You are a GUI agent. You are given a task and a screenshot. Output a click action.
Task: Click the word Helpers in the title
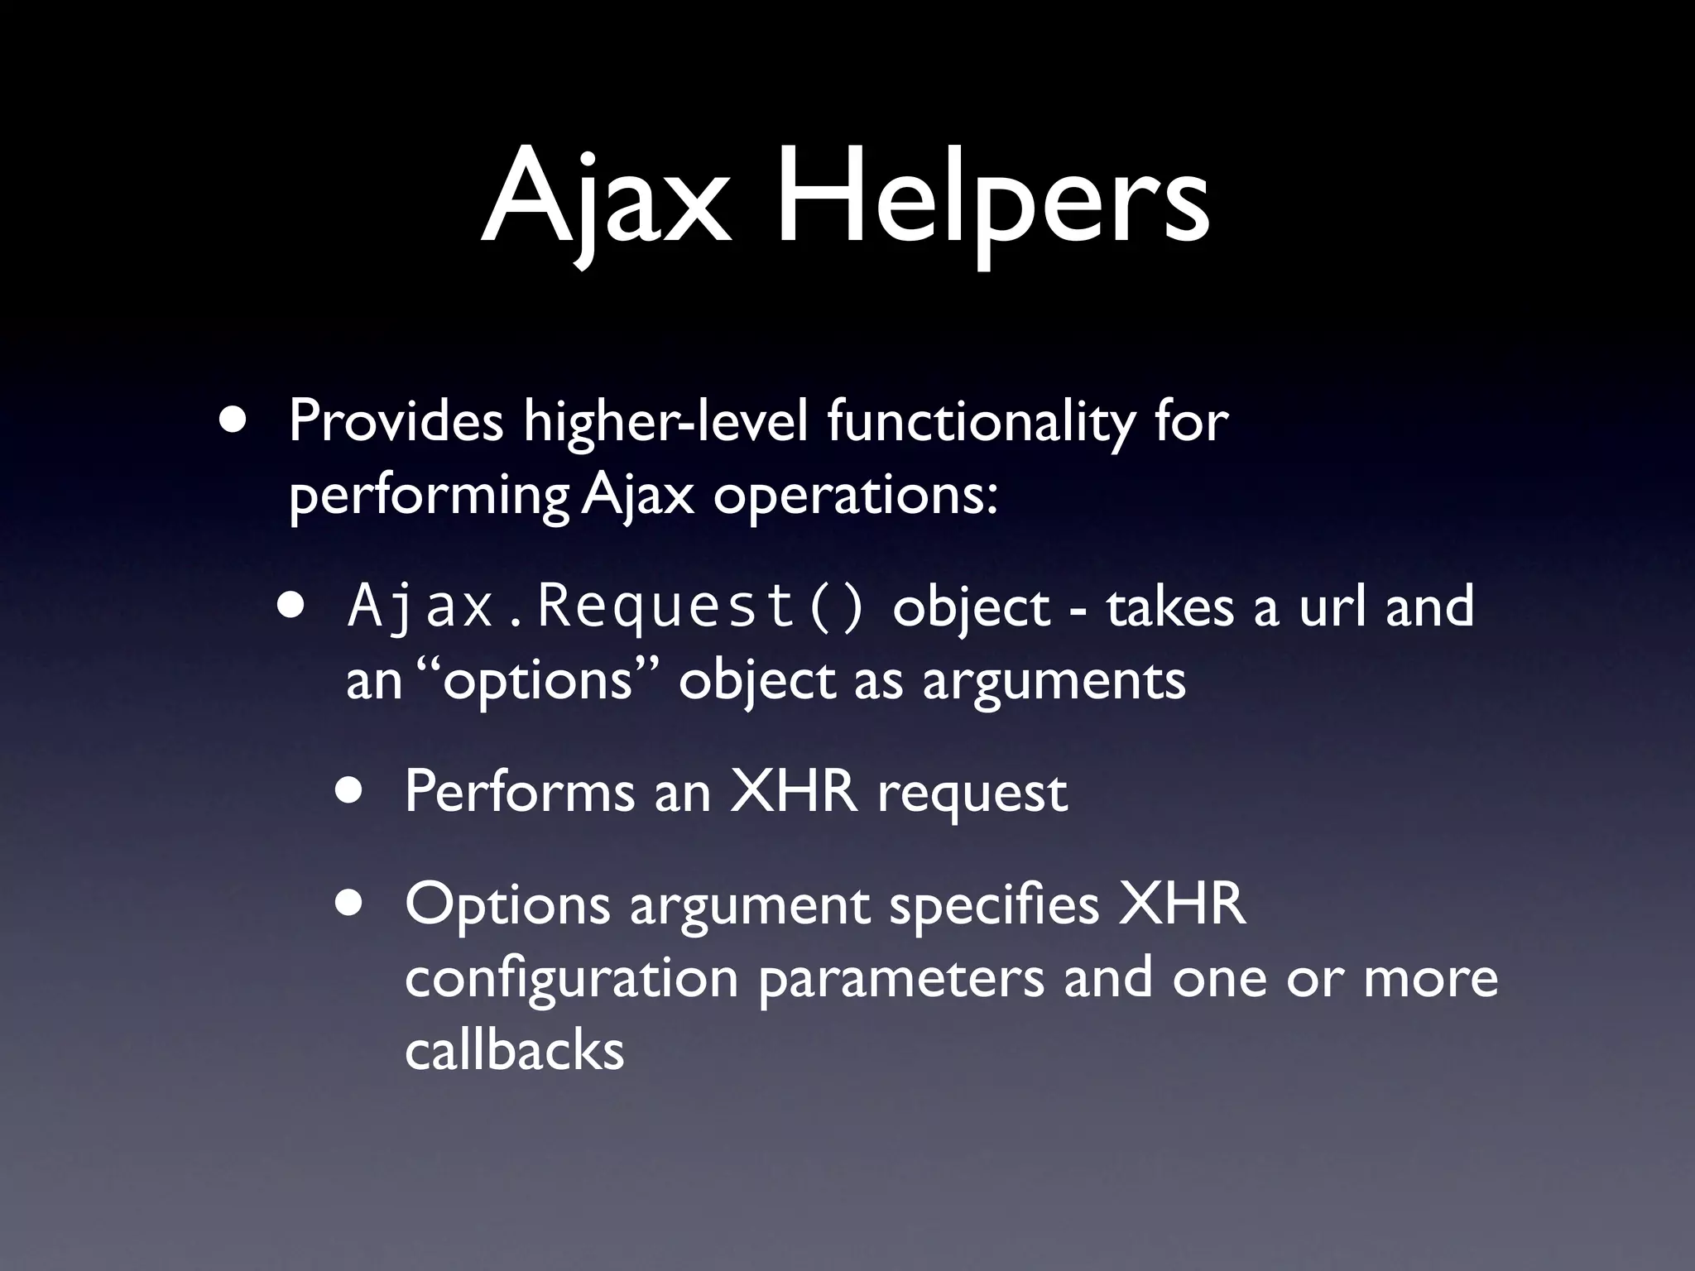[x=992, y=203]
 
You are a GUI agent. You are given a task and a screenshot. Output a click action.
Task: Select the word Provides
[x=396, y=421]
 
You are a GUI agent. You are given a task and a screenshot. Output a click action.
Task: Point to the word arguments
[x=1054, y=683]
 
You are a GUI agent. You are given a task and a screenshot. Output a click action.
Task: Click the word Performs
[x=519, y=792]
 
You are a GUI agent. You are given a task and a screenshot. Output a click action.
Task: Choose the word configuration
[x=571, y=980]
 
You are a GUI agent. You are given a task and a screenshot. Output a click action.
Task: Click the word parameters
[x=901, y=980]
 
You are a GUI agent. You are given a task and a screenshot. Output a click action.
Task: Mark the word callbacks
[x=514, y=1051]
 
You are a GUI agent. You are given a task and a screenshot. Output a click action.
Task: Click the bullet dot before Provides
[x=233, y=419]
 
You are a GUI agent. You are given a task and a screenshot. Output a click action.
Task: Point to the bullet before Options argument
[x=349, y=903]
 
